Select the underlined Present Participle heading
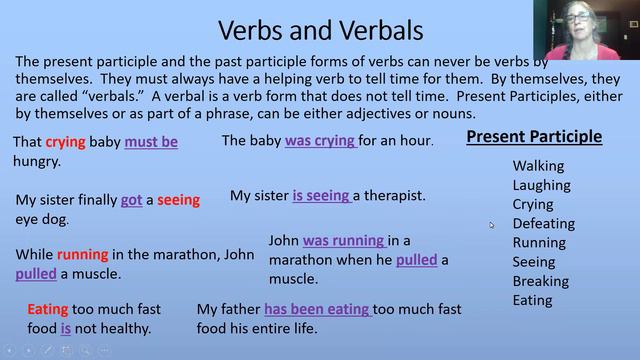534,137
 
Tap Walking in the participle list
538,166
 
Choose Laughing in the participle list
541,185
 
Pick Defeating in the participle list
543,223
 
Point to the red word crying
65,142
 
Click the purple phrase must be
151,142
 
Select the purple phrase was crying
320,141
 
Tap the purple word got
131,200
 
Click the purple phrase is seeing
320,196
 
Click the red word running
82,255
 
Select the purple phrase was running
343,241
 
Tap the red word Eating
47,310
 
